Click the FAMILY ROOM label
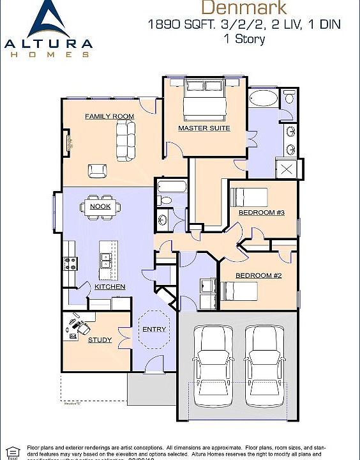point(109,116)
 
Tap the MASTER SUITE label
point(204,128)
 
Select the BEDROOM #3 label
point(260,211)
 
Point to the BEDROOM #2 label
point(259,275)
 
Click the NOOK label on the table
point(100,206)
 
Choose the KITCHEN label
point(110,287)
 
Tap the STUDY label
point(100,340)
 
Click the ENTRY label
point(154,330)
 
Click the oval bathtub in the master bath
point(262,100)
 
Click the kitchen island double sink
point(106,260)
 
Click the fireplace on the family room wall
point(66,146)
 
